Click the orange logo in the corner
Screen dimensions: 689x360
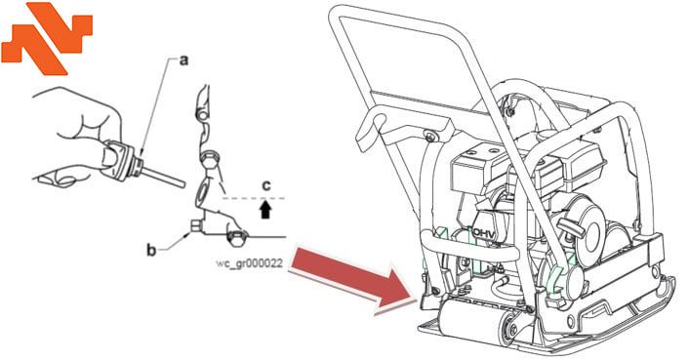pos(46,37)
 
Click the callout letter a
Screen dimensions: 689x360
pos(184,60)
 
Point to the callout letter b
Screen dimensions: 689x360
pos(151,251)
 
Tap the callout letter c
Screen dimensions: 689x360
pos(266,186)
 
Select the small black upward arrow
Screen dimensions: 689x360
pos(265,210)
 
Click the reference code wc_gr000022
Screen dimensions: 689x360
pos(249,263)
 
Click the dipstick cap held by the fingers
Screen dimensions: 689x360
pos(122,159)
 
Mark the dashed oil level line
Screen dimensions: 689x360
pos(254,198)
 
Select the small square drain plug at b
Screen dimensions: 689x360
pos(196,225)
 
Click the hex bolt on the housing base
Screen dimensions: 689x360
pos(237,237)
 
